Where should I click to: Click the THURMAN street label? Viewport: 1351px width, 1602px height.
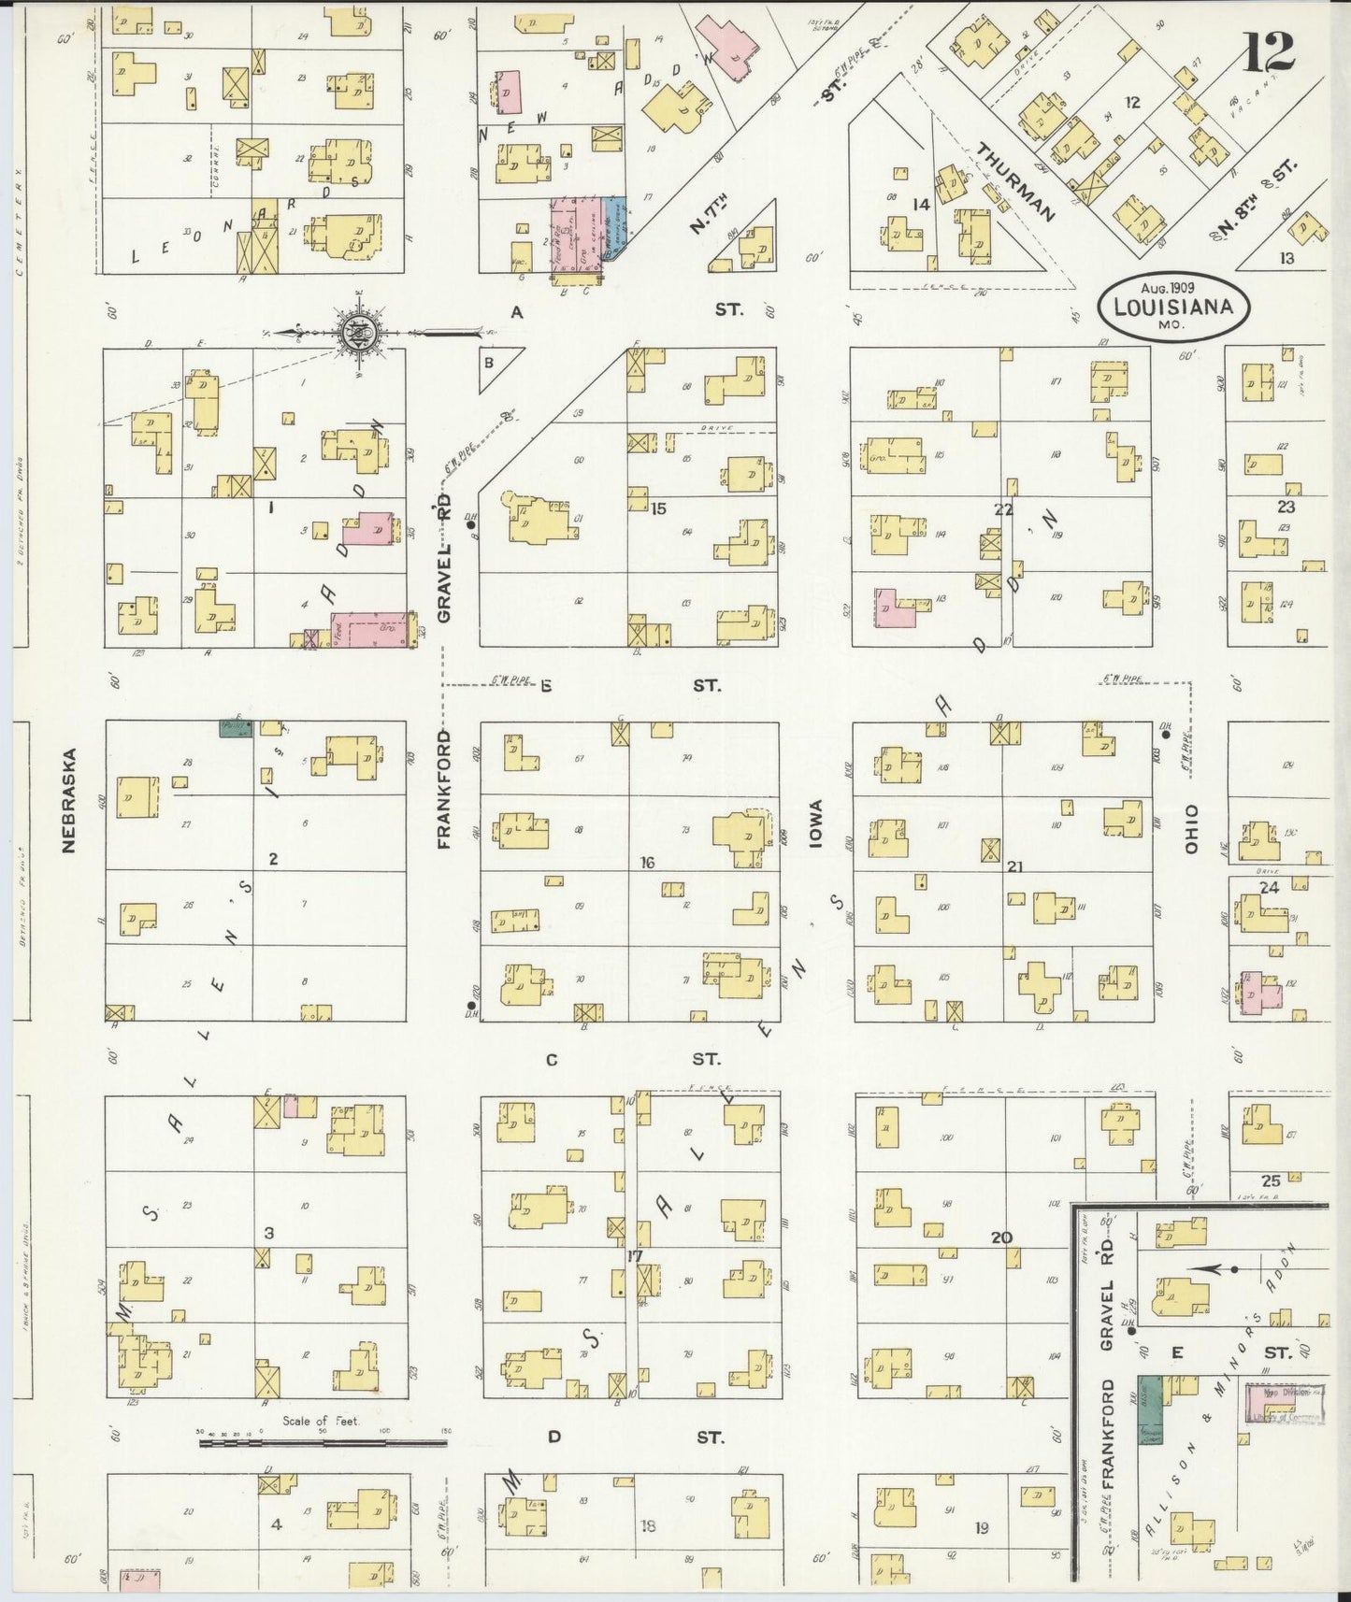coord(1016,181)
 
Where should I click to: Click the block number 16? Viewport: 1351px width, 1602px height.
coord(646,862)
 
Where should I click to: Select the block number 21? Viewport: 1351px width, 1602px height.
coord(1014,866)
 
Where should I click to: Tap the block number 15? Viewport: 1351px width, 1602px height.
coord(658,508)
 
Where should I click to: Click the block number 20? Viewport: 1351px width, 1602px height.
coord(1001,1237)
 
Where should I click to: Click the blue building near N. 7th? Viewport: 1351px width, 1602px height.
coord(613,224)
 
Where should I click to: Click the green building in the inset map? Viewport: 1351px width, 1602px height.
coord(1148,1409)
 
